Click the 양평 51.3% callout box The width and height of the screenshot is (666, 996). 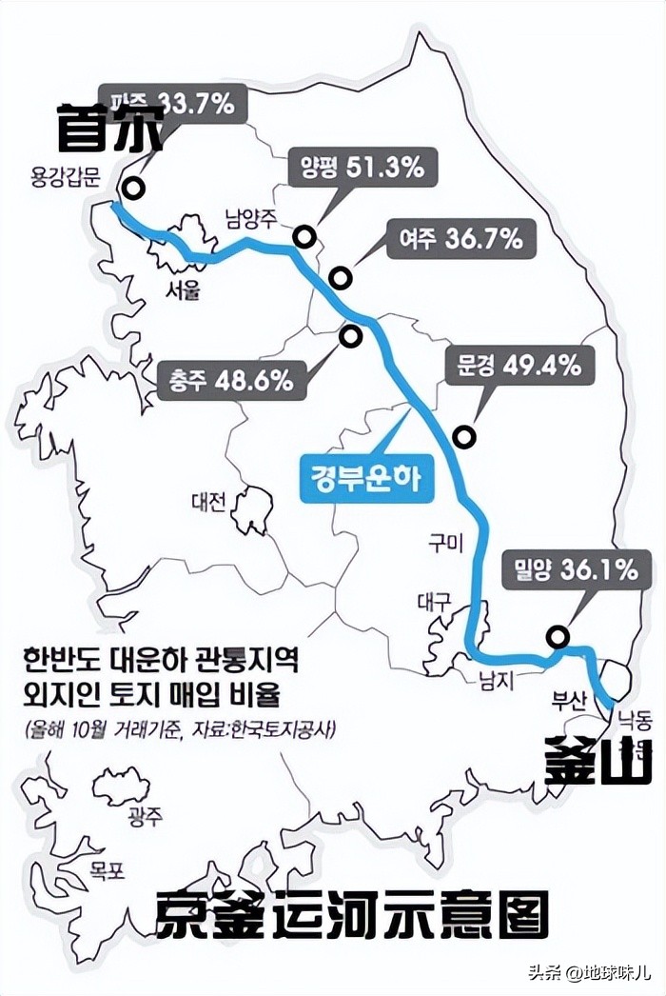(355, 169)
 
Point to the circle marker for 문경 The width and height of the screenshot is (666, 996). (464, 437)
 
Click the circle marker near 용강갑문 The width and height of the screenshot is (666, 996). (135, 189)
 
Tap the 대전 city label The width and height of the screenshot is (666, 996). (208, 502)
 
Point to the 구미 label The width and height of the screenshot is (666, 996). (444, 544)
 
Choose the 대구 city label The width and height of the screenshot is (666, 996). (433, 602)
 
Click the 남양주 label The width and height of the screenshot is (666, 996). (250, 217)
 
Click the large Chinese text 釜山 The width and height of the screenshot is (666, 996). (597, 760)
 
